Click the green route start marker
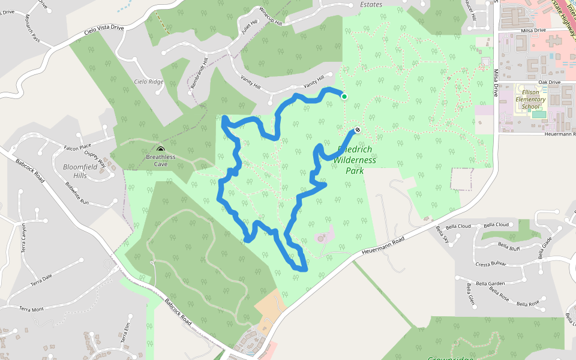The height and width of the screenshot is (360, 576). [x=344, y=96]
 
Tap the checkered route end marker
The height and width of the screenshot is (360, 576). [x=358, y=130]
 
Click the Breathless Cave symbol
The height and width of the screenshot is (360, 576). [x=160, y=149]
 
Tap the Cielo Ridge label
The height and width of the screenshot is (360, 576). [x=148, y=82]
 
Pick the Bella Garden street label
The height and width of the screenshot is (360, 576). [x=488, y=284]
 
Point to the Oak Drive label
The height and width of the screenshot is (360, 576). [x=549, y=82]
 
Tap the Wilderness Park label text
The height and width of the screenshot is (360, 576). [x=354, y=160]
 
